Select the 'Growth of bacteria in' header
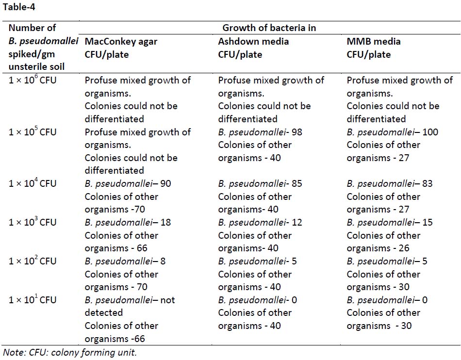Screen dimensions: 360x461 [x=269, y=28]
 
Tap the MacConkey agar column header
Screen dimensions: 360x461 [x=121, y=48]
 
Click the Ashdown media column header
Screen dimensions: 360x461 [x=253, y=48]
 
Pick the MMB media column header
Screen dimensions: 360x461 [x=374, y=48]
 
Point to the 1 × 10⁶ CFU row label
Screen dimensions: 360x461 [x=33, y=80]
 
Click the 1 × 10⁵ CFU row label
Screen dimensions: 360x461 [x=33, y=132]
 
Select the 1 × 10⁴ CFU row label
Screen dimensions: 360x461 [x=33, y=183]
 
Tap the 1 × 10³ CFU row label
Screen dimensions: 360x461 [x=33, y=222]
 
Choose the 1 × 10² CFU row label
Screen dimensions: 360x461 [x=33, y=261]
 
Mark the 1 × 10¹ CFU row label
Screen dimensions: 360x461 [x=33, y=300]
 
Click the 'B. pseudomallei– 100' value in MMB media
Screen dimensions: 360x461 [x=393, y=132]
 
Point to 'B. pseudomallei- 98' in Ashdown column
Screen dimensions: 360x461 [x=260, y=132]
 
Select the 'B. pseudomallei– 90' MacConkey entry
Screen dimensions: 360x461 [x=128, y=184]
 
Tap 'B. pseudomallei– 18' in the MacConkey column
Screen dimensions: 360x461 [x=128, y=223]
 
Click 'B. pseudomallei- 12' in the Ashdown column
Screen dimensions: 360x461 [x=260, y=223]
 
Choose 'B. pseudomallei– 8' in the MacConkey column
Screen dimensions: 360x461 [x=125, y=262]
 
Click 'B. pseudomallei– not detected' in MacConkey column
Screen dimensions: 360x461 [x=129, y=306]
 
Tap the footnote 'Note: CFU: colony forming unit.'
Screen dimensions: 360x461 [x=70, y=353]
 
